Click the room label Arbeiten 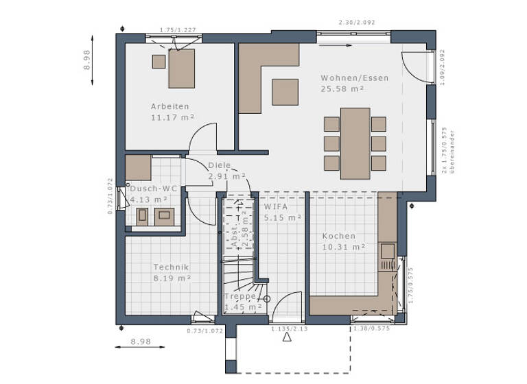tap(169, 106)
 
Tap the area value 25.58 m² tap(342, 88)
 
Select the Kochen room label tap(339, 236)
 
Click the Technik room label tap(171, 267)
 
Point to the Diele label tap(219, 165)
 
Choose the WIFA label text tap(276, 206)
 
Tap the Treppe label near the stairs tap(241, 297)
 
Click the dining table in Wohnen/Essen tap(355, 143)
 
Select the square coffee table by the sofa tap(285, 92)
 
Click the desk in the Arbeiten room tap(182, 69)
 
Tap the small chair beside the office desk tap(159, 61)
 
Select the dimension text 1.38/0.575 tap(371, 330)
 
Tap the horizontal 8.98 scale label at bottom tap(140, 341)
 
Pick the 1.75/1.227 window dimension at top tap(177, 30)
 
